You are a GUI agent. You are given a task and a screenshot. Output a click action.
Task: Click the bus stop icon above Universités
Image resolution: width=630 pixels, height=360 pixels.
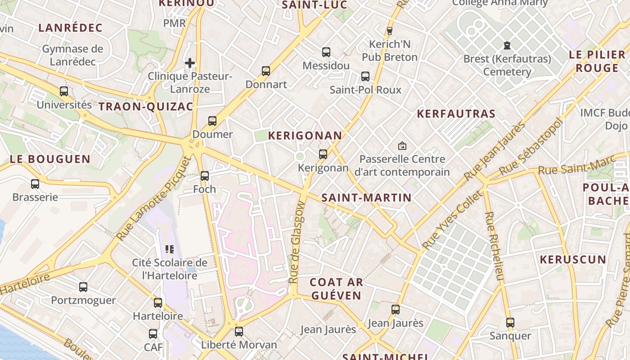pos(64,91)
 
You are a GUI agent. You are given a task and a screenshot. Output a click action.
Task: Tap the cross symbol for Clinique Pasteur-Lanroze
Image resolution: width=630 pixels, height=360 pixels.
pos(190,63)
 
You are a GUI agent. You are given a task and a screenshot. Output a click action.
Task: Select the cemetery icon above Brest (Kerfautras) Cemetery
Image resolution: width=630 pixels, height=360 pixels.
pos(507,45)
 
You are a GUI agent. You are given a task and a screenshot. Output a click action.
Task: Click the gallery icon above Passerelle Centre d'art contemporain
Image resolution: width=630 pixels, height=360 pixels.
pos(402,146)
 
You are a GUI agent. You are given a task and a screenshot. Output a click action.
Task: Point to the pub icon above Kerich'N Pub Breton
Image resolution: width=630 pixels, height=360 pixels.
pos(390,31)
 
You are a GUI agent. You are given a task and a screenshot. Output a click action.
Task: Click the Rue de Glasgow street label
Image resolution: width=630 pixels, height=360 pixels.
pos(298,242)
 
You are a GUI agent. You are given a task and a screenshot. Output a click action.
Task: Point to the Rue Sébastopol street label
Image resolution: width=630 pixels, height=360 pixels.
pos(531,147)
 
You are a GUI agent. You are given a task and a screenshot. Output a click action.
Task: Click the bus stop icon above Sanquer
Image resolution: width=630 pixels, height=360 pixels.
pos(510,323)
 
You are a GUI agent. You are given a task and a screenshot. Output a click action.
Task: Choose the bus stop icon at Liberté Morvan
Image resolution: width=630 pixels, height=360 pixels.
pos(239,332)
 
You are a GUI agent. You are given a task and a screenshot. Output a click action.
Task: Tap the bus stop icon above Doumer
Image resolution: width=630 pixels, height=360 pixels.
pos(212,121)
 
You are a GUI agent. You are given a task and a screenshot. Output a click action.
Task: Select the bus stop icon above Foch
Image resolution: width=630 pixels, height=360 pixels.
pos(205,176)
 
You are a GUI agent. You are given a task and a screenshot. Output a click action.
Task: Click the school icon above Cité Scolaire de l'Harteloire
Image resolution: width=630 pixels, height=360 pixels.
pos(170,249)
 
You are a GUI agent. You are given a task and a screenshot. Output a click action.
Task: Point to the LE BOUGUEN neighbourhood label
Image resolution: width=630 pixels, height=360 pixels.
pos(50,159)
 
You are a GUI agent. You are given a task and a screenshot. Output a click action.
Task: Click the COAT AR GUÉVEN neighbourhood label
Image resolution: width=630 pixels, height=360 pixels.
pos(336,289)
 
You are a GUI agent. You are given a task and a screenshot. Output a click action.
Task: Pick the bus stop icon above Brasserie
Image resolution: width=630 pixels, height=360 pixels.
pos(35,184)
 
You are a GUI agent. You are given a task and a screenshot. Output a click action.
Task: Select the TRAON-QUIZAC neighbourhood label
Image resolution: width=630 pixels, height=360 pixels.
pos(146,107)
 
